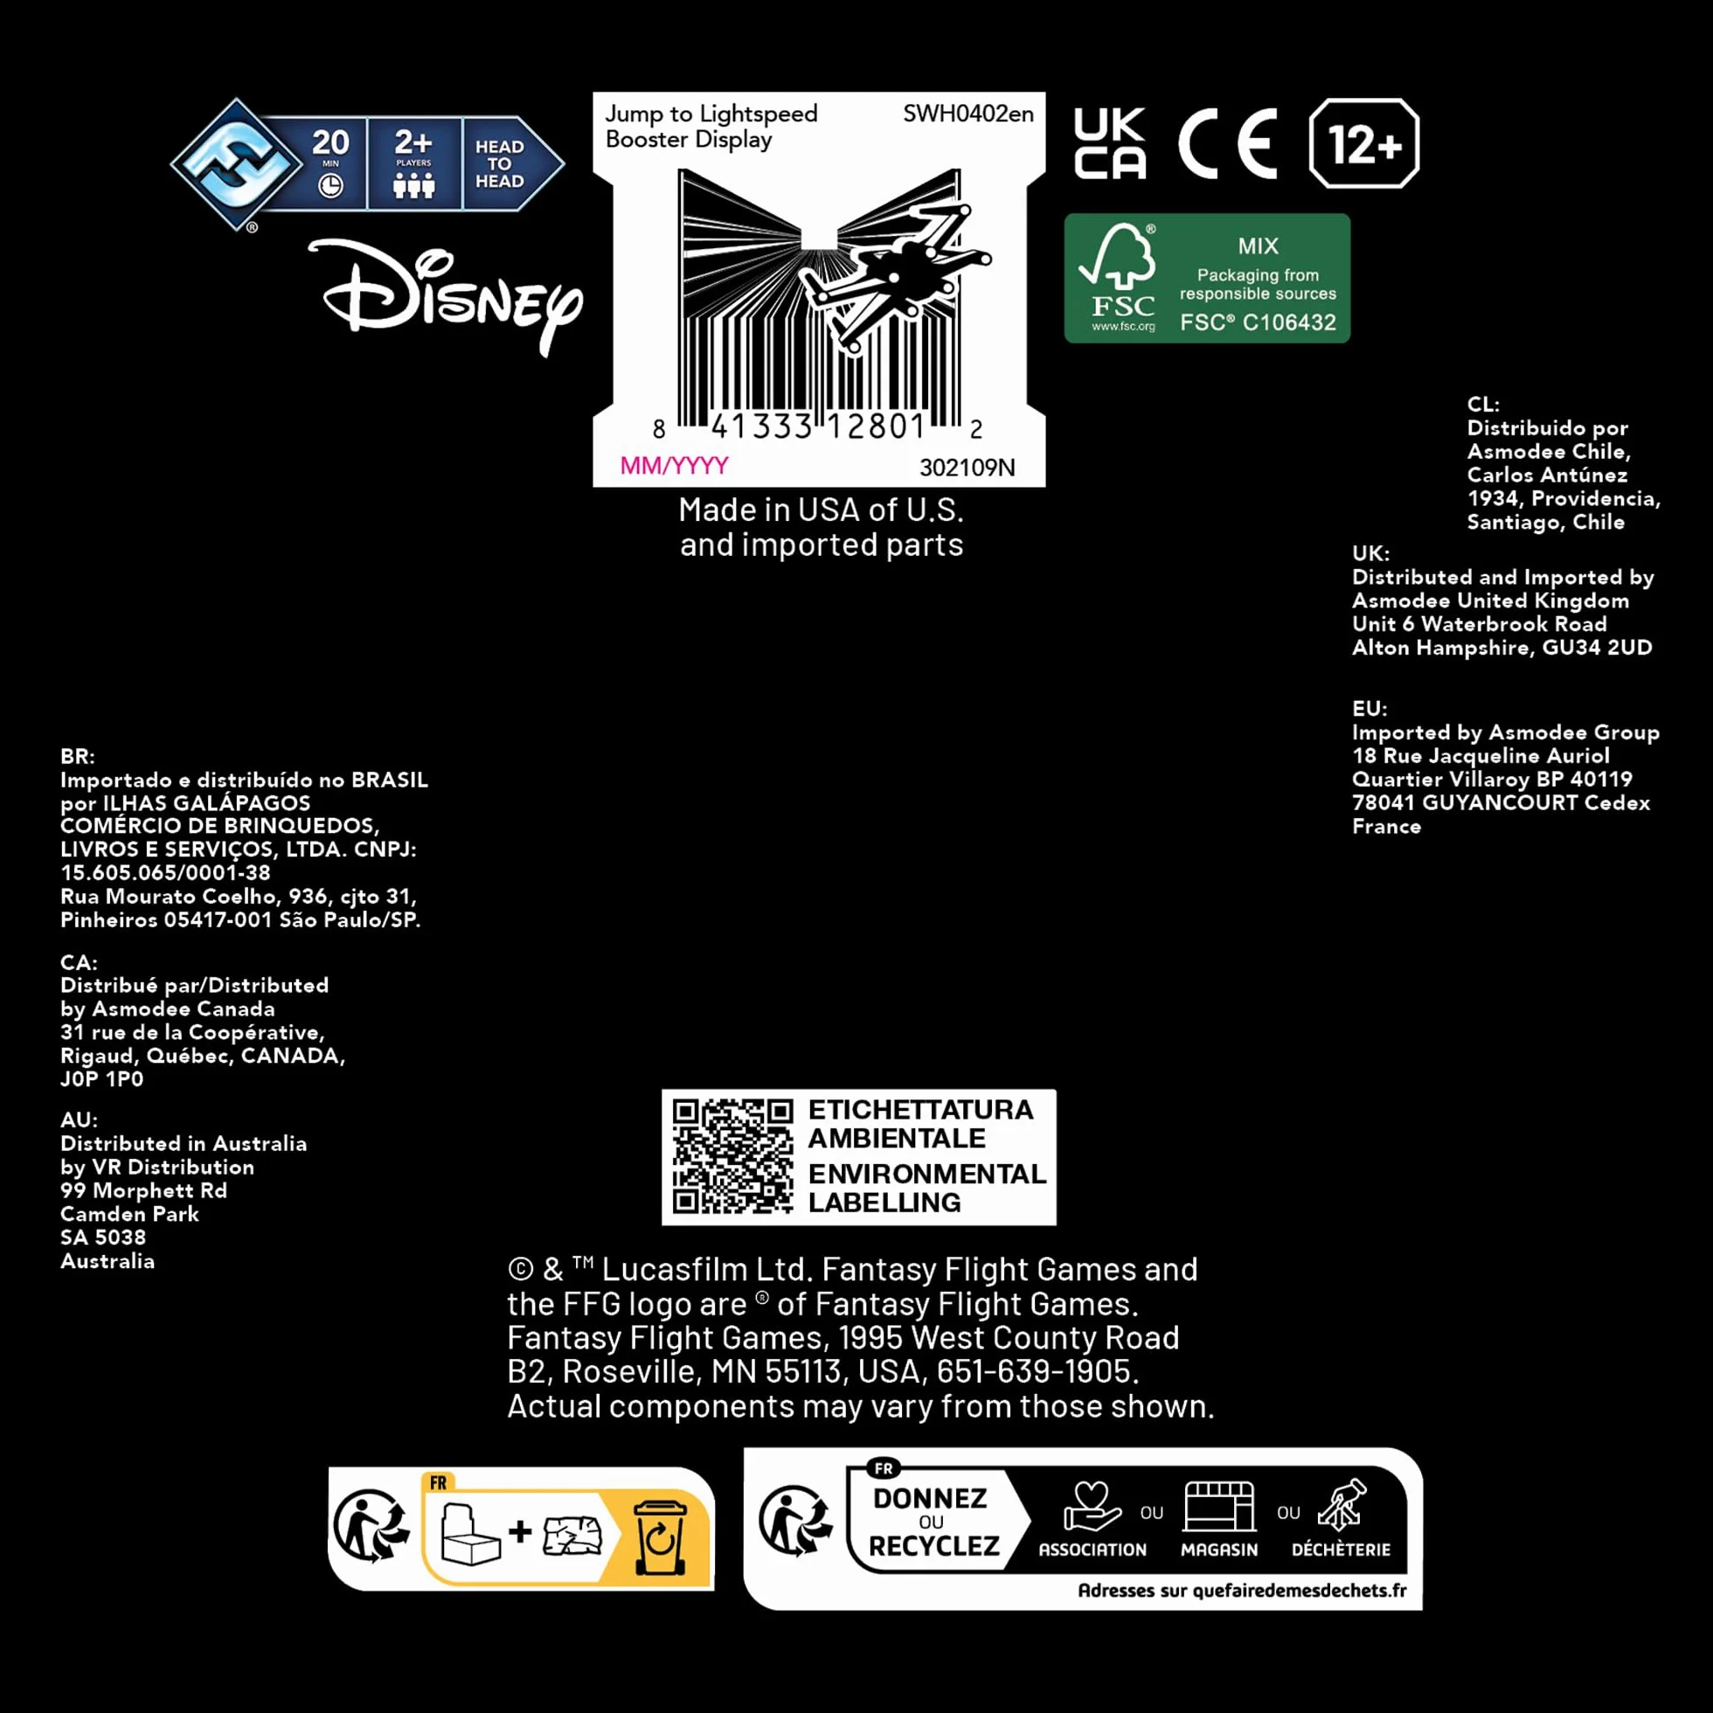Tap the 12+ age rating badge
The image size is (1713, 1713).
pos(1363,143)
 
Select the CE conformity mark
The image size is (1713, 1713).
pos(1228,143)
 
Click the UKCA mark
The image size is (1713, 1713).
pos(1110,143)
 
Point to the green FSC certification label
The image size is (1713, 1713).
pos(1207,278)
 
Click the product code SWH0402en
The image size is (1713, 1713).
pos(968,114)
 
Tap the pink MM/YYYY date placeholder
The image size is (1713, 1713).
pos(674,466)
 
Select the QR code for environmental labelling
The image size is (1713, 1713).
pos(732,1156)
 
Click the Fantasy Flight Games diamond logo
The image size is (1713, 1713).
pos(236,164)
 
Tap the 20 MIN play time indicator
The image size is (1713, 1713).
pos(330,164)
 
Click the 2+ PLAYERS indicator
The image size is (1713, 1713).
pos(414,164)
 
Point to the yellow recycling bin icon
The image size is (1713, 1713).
pos(660,1537)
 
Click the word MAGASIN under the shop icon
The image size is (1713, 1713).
pos(1219,1550)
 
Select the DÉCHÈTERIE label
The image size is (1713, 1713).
pos(1341,1549)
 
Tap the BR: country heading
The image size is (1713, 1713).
pos(77,756)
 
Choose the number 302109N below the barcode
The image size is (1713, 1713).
pos(967,468)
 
